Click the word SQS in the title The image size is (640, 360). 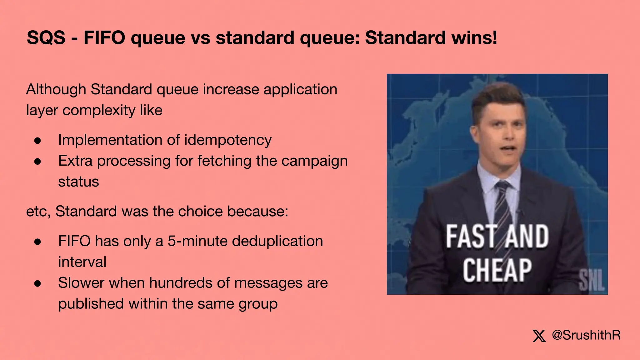[46, 38]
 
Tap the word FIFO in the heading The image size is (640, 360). [104, 38]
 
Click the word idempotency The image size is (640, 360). [228, 140]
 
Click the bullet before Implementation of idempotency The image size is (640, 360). [38, 141]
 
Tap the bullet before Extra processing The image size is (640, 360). [38, 162]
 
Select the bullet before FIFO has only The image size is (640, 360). [38, 242]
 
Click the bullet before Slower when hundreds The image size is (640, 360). [38, 283]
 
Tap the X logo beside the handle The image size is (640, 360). [539, 336]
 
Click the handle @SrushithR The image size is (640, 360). [586, 335]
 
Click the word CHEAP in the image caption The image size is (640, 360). [497, 270]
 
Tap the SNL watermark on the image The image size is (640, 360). [592, 280]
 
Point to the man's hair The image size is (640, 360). [497, 97]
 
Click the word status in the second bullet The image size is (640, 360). [78, 182]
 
